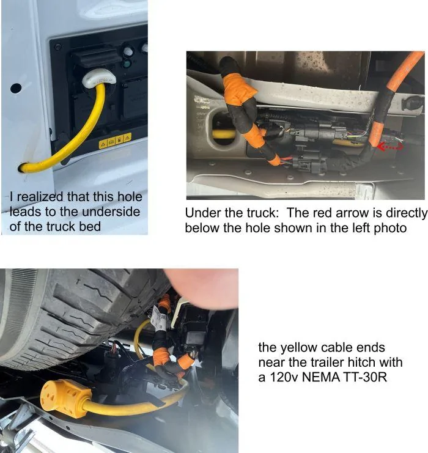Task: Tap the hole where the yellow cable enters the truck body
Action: pyautogui.click(x=24, y=166)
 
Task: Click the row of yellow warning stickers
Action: pyautogui.click(x=115, y=141)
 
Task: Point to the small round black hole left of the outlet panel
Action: pyautogui.click(x=16, y=88)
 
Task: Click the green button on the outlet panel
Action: pyautogui.click(x=127, y=63)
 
